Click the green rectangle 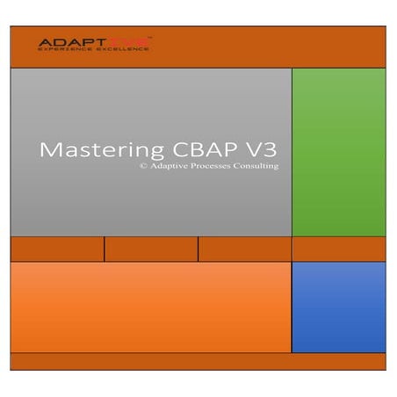(338, 152)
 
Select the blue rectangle (338, 307)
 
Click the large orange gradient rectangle (150, 307)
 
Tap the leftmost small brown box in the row (57, 249)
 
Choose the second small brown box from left (151, 249)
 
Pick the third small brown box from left (244, 249)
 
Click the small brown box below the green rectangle (338, 249)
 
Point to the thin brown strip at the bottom (198, 362)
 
